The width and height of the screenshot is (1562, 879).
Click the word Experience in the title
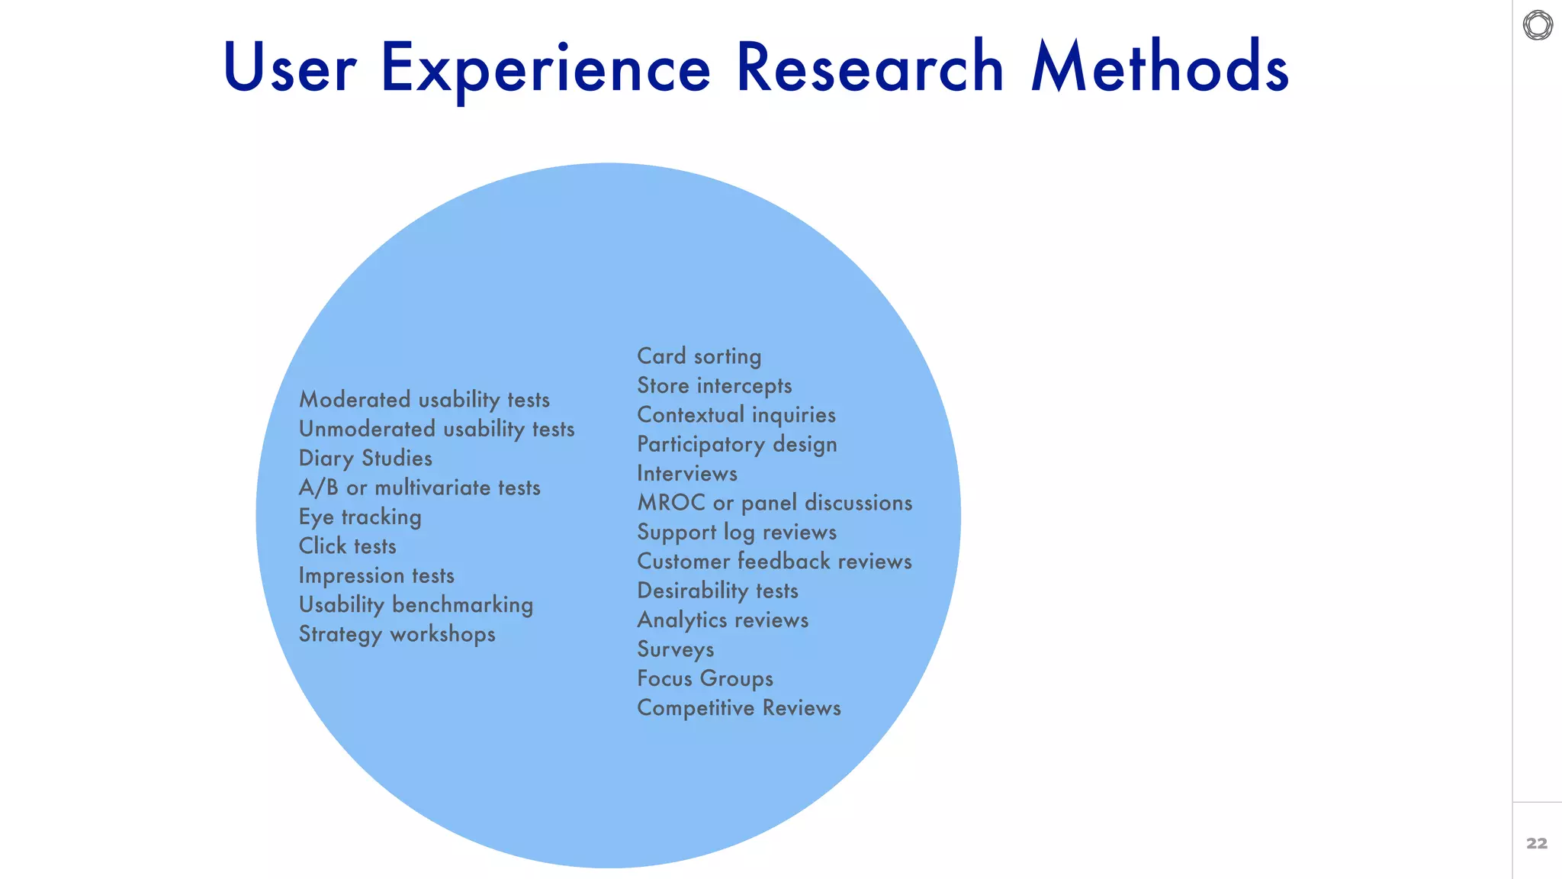tap(545, 69)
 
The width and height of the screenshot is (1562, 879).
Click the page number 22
tap(1537, 843)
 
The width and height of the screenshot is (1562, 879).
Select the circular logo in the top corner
tap(1538, 25)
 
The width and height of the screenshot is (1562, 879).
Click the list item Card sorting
tap(699, 356)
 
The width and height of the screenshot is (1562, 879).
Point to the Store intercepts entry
tap(715, 386)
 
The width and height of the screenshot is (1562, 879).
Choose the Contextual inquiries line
tap(736, 415)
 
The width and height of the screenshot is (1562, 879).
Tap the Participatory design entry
tap(737, 444)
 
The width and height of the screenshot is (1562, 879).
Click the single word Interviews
tap(687, 474)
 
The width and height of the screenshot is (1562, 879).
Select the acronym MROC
tap(671, 503)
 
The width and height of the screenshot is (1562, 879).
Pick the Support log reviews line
tap(737, 532)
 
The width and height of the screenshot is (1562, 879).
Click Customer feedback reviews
tap(774, 562)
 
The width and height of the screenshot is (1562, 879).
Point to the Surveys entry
tap(676, 649)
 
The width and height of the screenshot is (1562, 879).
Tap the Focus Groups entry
tap(705, 678)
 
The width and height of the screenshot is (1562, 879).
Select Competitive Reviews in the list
tap(739, 708)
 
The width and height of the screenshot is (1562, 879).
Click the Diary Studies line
tap(365, 459)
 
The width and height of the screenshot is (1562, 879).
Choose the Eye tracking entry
tap(360, 517)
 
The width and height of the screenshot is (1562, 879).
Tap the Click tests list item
tap(347, 546)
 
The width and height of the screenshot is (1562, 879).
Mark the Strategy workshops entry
tap(397, 634)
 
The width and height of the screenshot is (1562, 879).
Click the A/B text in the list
tap(318, 488)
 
